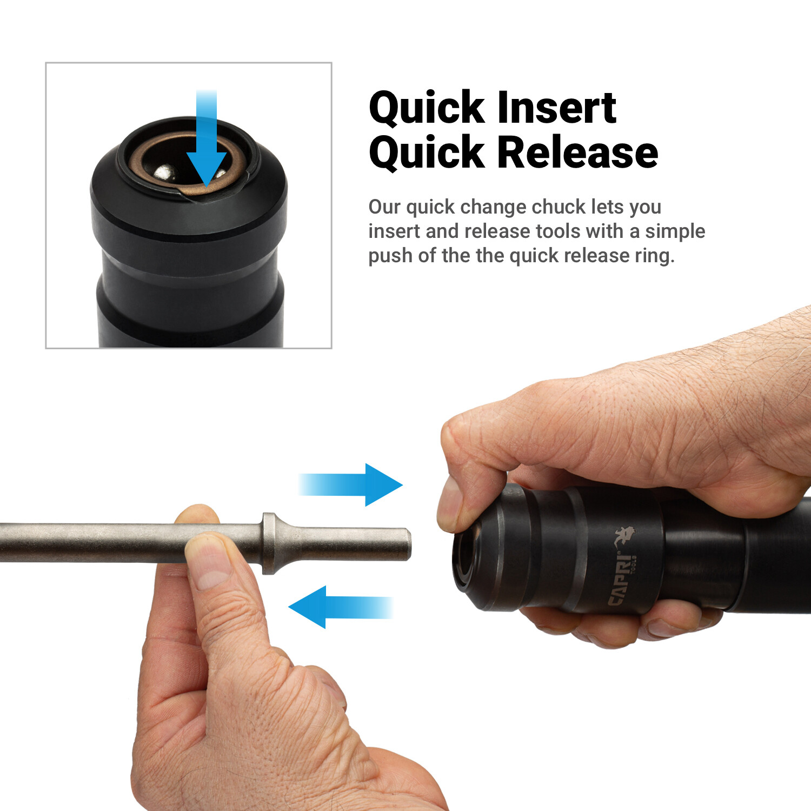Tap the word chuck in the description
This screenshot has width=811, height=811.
[x=559, y=207]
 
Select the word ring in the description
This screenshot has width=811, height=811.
[x=654, y=256]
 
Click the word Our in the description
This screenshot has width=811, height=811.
[x=384, y=207]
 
